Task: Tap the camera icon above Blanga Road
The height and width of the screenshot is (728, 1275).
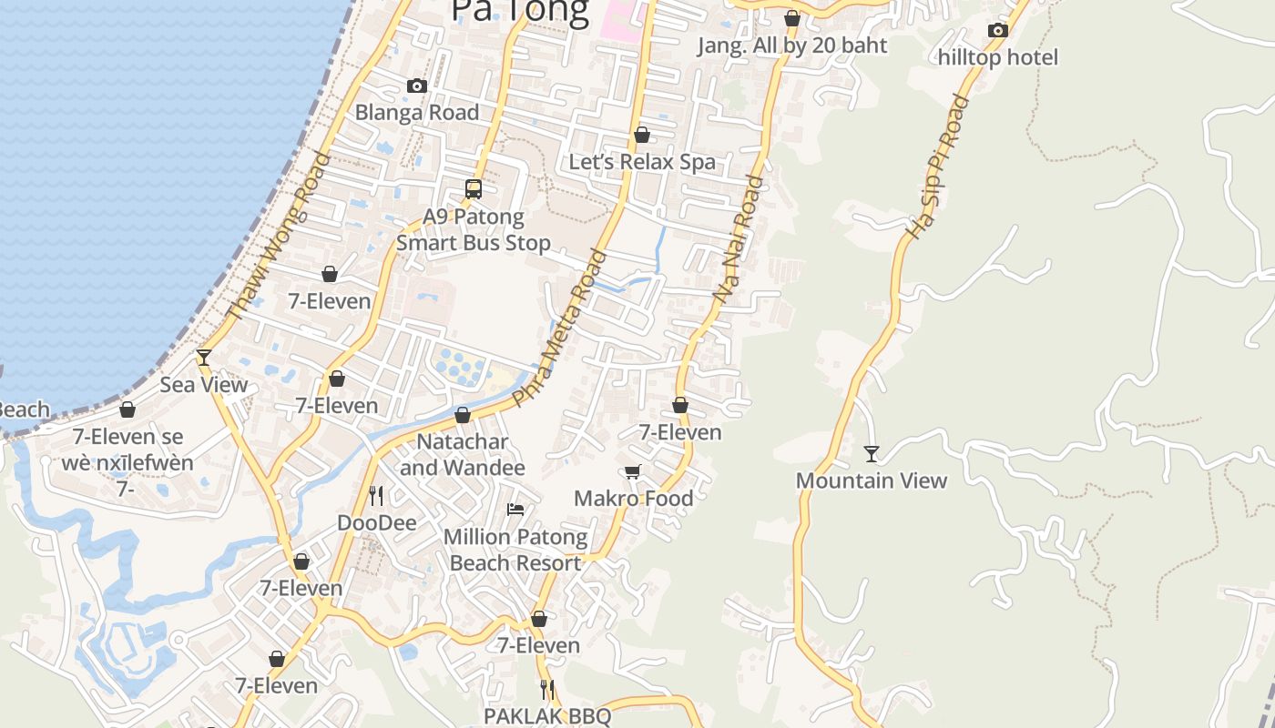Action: pos(417,86)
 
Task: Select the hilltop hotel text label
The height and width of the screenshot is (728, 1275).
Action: pos(998,57)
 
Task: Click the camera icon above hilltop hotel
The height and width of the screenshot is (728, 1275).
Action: pos(998,31)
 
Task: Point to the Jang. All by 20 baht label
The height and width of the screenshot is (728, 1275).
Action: pos(792,45)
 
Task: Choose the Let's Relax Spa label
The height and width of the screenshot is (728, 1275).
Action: pos(642,162)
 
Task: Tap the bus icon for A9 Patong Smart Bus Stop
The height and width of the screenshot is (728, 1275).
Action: pos(474,189)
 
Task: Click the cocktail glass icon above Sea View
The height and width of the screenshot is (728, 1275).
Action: pos(204,358)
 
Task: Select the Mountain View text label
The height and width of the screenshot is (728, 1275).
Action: pos(872,480)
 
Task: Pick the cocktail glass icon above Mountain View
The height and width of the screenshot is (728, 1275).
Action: pos(872,453)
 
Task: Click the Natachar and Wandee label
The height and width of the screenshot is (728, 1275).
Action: pos(463,454)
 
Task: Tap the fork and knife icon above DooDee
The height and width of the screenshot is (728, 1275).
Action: pos(376,496)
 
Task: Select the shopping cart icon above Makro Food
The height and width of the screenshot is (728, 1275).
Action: pos(633,471)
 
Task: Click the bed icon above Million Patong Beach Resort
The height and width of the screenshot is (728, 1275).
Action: pos(515,510)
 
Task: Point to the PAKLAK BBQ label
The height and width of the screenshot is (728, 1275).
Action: pos(547,716)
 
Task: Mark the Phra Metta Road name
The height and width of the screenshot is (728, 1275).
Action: pos(559,328)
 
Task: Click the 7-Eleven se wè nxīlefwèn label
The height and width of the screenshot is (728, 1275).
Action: pos(134,450)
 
